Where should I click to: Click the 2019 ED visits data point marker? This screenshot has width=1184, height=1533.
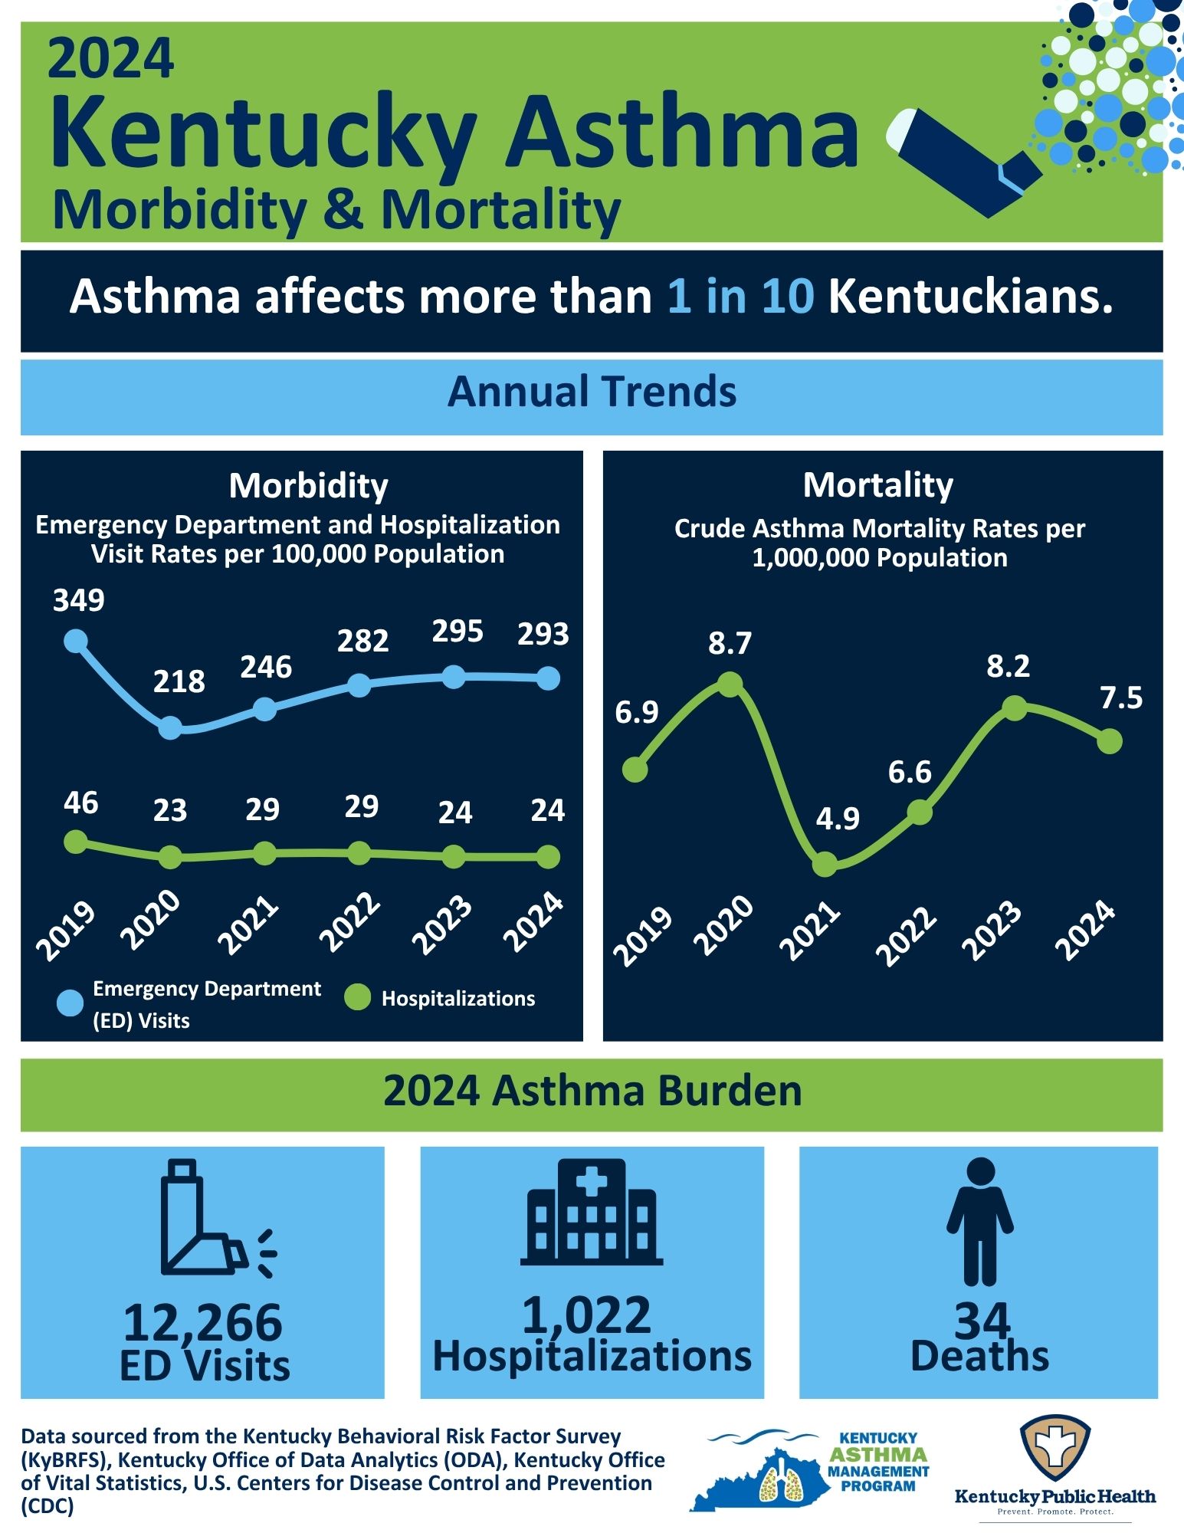[x=75, y=640]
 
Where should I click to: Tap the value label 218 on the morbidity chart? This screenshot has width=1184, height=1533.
[x=179, y=681]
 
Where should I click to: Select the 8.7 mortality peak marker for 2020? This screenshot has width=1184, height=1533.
[x=730, y=683]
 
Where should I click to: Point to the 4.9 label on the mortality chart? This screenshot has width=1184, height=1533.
[x=838, y=819]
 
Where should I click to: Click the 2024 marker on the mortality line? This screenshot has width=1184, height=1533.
[x=1110, y=740]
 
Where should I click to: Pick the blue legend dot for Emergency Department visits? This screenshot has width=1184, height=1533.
[x=70, y=1003]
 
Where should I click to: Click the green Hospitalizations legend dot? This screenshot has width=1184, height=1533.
[x=357, y=998]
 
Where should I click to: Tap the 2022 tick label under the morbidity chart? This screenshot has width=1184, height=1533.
[x=350, y=924]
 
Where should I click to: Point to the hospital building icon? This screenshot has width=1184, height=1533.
[x=592, y=1213]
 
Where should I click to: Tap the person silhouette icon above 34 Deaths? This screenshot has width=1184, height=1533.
[x=980, y=1222]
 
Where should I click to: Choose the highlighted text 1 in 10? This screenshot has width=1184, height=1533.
[x=740, y=297]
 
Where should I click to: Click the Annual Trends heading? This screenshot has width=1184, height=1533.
[x=592, y=392]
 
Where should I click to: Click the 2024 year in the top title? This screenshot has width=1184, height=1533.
[x=111, y=59]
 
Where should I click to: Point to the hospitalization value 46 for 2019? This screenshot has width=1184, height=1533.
[x=80, y=803]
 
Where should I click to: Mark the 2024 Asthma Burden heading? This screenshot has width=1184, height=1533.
[x=592, y=1091]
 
